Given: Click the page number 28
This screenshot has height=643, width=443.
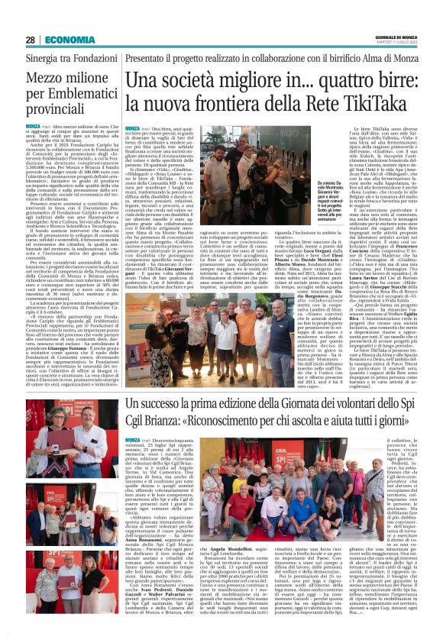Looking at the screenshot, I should (31, 40).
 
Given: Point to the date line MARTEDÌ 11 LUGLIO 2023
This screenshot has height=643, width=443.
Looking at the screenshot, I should (397, 44).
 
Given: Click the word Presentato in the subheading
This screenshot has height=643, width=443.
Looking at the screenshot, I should (152, 58).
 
